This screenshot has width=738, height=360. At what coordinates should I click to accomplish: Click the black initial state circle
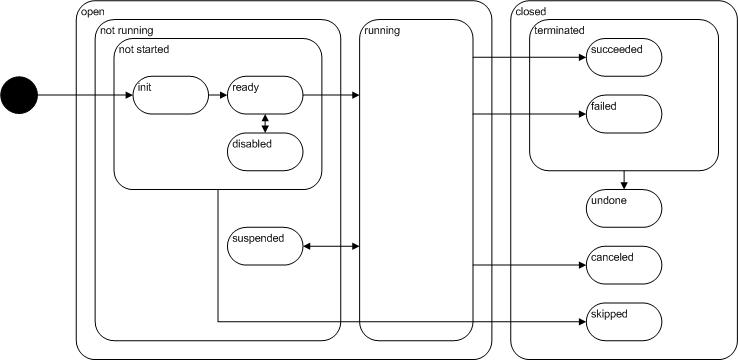click(18, 96)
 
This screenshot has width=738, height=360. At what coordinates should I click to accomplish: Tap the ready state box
click(265, 96)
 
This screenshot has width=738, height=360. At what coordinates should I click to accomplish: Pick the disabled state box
click(265, 151)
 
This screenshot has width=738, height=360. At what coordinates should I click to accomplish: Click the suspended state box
click(265, 246)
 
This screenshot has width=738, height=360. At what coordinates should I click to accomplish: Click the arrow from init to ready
click(216, 96)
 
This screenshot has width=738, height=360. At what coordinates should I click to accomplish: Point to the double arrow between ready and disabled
click(265, 123)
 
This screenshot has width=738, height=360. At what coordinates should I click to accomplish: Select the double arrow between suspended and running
click(331, 246)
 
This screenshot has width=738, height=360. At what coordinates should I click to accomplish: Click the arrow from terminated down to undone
click(624, 180)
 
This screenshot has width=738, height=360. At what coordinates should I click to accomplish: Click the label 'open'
click(92, 11)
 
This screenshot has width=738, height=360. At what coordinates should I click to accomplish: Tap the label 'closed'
click(531, 11)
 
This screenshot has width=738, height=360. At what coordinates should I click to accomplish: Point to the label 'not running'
click(126, 31)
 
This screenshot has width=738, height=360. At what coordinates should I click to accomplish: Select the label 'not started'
click(145, 50)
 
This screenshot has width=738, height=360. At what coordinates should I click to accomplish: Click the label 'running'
click(382, 31)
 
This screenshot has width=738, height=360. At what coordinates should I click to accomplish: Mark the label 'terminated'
click(560, 31)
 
